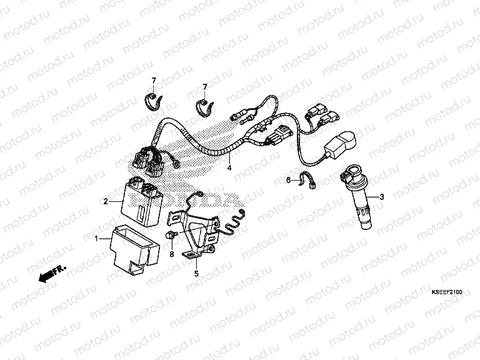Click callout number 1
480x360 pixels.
click(x=96, y=239)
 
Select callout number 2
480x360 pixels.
click(x=106, y=201)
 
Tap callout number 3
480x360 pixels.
click(x=381, y=197)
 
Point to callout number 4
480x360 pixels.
click(x=229, y=167)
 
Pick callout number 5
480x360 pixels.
click(x=196, y=273)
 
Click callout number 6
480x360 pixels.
click(x=288, y=180)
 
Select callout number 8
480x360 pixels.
click(x=172, y=254)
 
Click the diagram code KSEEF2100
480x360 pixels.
click(x=447, y=292)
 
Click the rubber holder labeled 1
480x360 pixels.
click(x=135, y=249)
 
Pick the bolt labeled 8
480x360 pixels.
click(x=169, y=236)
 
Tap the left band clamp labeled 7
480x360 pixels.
click(x=153, y=102)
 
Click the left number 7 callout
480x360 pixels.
click(x=154, y=81)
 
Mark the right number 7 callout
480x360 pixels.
click(x=205, y=87)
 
